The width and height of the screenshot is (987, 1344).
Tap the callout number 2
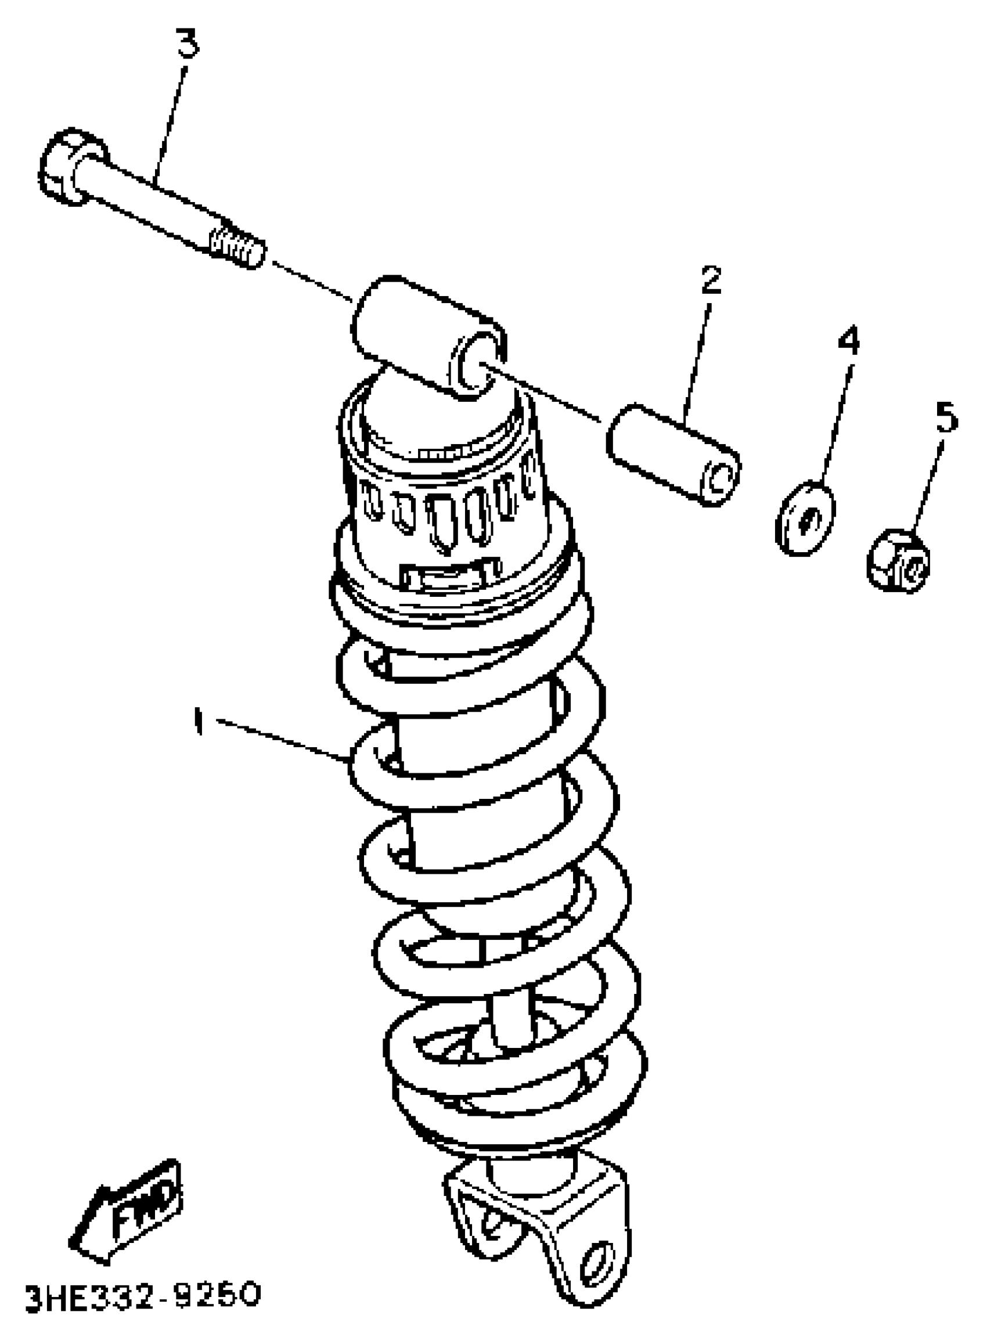[x=711, y=280]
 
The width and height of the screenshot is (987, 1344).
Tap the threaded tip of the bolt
[x=237, y=247]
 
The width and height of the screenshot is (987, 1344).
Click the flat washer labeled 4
[x=804, y=517]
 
